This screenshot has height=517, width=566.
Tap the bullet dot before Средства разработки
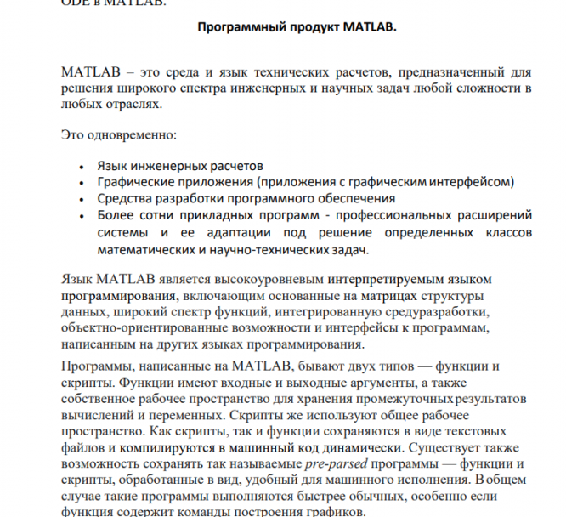point(79,199)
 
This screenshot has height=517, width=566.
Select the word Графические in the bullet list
point(133,182)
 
